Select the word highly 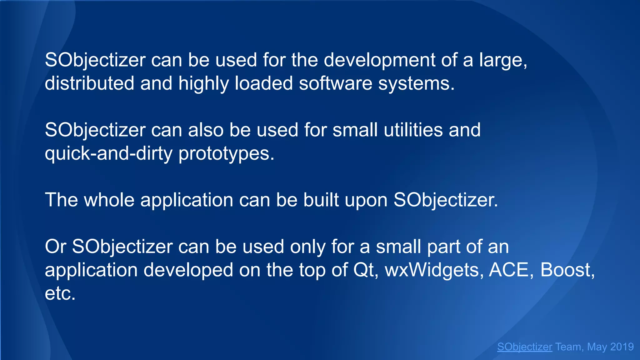tap(203, 84)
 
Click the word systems tap(416, 84)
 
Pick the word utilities tap(413, 130)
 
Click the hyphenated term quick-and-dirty tap(108, 153)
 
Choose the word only tap(307, 247)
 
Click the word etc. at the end tap(60, 293)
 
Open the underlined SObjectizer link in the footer tap(524, 347)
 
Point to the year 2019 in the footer tap(622, 347)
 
